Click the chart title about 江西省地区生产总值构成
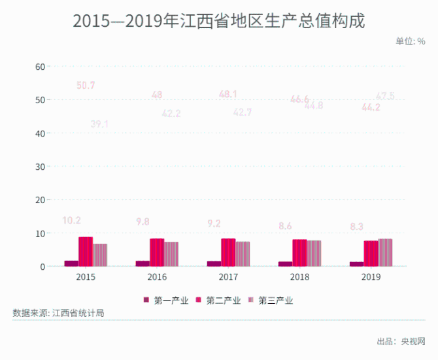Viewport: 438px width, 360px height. [218, 21]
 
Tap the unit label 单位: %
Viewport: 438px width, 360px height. [410, 41]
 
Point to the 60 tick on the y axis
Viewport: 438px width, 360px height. [39, 67]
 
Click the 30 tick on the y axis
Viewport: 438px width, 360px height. [39, 167]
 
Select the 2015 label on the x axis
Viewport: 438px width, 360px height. [86, 278]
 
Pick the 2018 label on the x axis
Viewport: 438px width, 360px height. [299, 278]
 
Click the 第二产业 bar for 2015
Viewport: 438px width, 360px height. [86, 252]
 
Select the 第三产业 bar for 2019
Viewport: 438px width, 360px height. [385, 252]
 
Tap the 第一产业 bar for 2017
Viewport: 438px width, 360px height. [214, 263]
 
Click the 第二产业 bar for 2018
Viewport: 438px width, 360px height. [299, 253]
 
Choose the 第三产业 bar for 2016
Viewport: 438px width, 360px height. [171, 254]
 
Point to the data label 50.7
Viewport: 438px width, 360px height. [86, 86]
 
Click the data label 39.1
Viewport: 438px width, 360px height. [99, 124]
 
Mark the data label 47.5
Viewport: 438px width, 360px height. [385, 96]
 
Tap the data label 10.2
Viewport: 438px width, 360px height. [71, 221]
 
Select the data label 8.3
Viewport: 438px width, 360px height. [356, 227]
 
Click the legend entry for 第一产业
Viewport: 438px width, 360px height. [167, 301]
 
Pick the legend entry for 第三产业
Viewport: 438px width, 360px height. [271, 301]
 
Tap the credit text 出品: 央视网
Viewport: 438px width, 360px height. [401, 342]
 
